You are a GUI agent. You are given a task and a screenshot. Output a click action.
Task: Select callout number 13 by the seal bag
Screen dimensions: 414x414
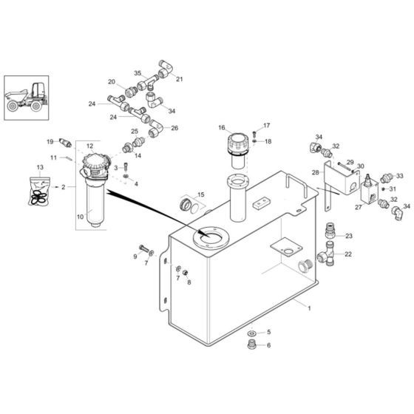(40, 168)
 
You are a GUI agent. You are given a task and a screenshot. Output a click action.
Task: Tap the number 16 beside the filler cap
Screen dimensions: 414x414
(221, 128)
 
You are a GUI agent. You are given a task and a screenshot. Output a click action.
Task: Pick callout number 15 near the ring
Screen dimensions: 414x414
(200, 194)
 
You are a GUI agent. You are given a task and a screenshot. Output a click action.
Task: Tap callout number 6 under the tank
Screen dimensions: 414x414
(268, 345)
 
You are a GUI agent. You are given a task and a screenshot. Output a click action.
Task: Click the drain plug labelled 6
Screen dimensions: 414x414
(251, 345)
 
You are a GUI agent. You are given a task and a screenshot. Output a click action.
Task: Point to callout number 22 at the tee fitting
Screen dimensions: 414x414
(349, 254)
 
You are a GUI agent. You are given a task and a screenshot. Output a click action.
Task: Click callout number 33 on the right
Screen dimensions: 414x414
(400, 176)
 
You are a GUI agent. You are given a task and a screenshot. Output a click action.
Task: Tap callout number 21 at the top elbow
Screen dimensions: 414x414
(180, 78)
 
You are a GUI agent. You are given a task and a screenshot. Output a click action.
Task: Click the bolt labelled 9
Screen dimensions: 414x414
(142, 248)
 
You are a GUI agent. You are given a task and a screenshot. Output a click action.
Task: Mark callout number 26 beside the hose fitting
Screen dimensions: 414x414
(174, 128)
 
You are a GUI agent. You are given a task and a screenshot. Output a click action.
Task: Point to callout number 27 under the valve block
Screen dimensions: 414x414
(359, 208)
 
